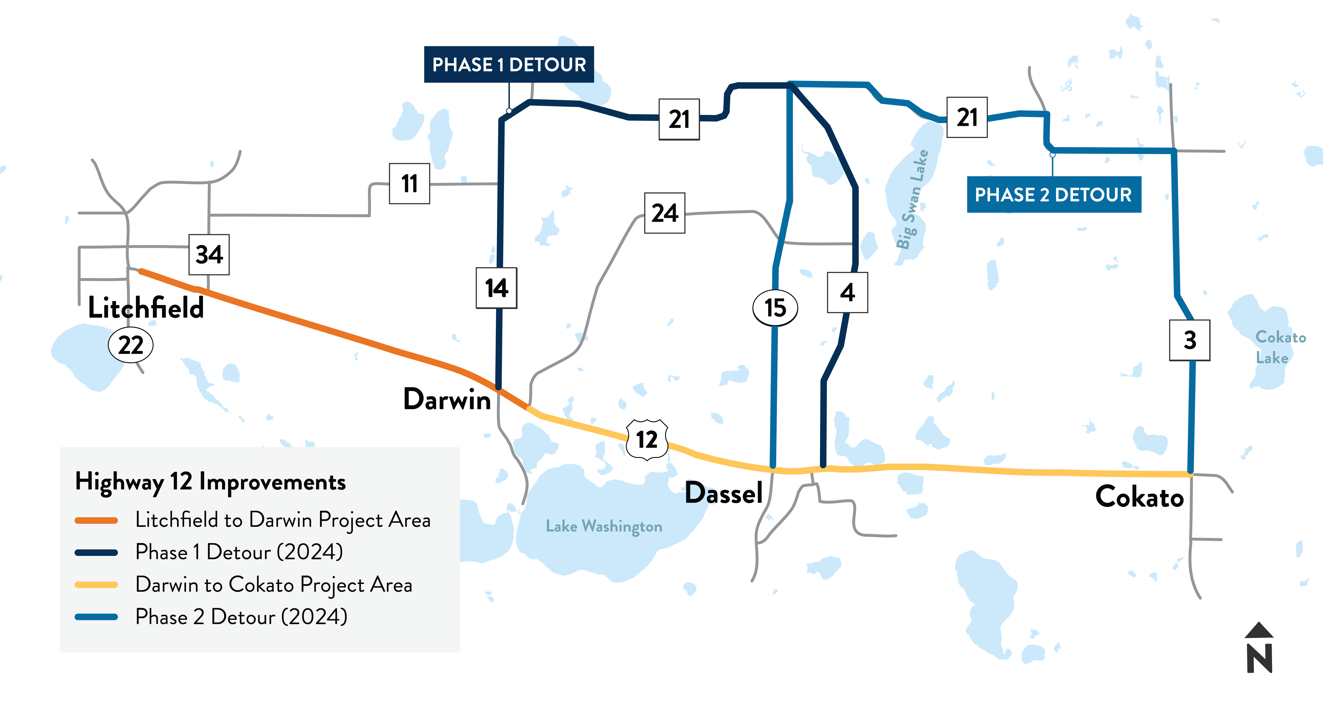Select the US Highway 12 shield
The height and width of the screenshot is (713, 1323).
[x=647, y=439]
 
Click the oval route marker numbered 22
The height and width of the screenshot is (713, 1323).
[x=131, y=345]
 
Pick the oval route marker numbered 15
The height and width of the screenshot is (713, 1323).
[x=775, y=308]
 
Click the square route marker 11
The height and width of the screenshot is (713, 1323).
[x=409, y=184]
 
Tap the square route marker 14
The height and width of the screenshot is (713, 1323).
[x=496, y=288]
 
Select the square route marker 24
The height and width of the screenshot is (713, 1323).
[x=665, y=213]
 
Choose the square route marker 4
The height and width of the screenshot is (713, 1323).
[x=847, y=293]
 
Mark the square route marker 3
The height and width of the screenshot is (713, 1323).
[x=1190, y=340]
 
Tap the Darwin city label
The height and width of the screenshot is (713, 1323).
[x=447, y=399]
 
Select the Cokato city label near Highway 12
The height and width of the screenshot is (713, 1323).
[x=1139, y=497]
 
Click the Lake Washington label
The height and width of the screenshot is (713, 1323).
[x=603, y=526]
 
